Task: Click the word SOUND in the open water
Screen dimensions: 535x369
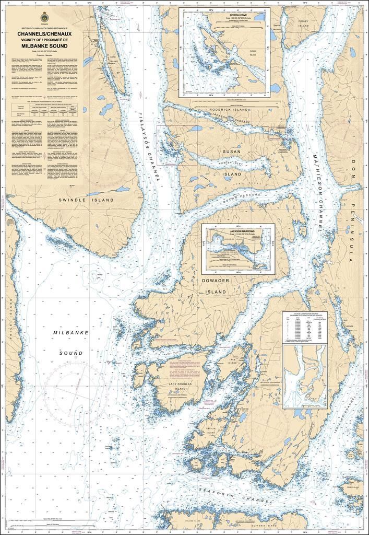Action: (x=70, y=353)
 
